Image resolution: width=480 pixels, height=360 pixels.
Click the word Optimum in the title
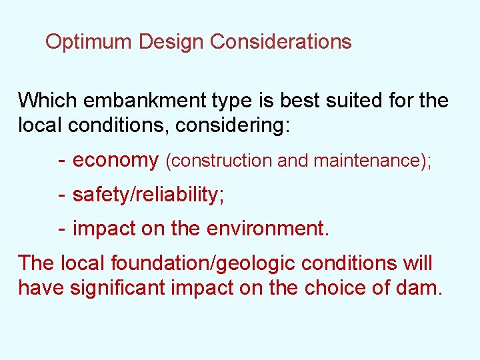89,42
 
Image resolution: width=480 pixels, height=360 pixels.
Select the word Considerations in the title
281,42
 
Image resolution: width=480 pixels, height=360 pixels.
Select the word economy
115,161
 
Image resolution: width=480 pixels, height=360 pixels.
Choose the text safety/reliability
148,195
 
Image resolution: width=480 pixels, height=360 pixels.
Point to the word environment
268,229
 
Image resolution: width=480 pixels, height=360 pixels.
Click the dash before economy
61,161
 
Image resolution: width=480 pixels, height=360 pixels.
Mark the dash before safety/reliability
61,195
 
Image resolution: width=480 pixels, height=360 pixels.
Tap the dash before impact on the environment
61,229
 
